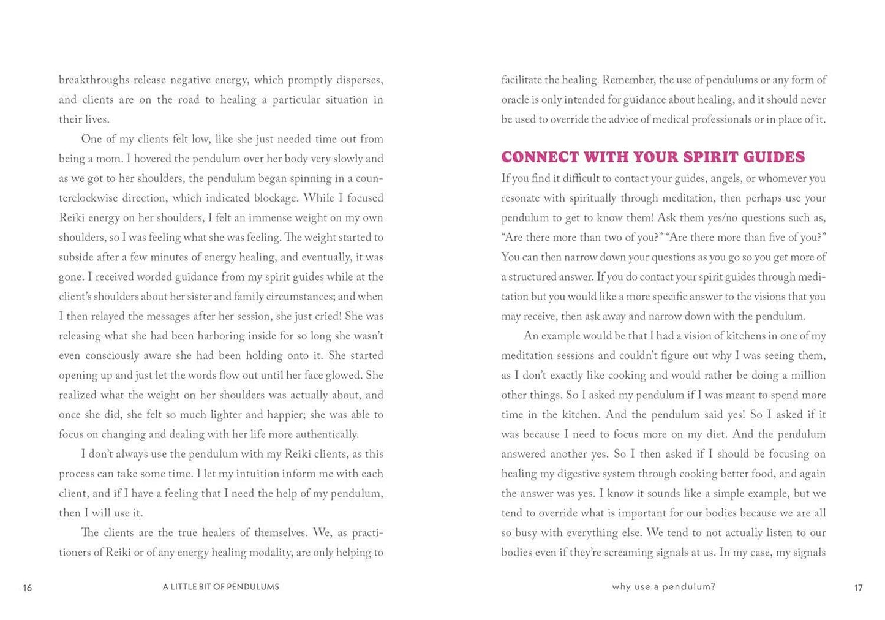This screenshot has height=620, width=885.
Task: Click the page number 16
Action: [x=28, y=588]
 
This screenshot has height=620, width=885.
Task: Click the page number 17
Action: [x=858, y=588]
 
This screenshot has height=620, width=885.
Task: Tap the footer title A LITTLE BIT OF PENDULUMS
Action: [x=220, y=587]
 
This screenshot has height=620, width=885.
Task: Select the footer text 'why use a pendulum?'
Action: [x=663, y=587]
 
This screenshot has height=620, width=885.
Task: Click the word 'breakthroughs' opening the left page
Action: [x=94, y=80]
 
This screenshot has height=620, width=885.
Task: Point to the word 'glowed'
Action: [x=343, y=375]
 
